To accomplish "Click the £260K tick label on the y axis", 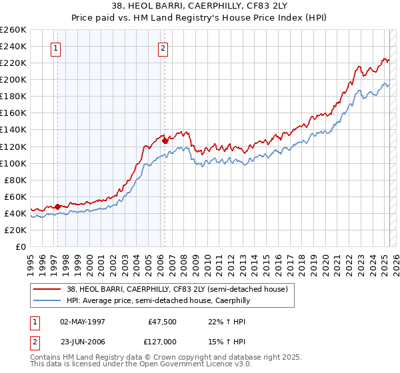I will click(x=13, y=30).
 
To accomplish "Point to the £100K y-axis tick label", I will click(x=13, y=163).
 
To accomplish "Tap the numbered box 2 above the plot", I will click(x=163, y=47).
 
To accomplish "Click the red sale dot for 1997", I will click(x=58, y=206).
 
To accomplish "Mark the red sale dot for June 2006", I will click(x=165, y=141).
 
